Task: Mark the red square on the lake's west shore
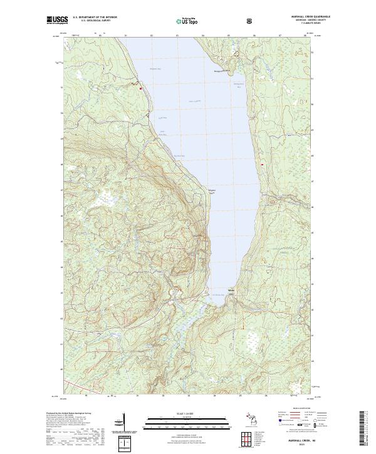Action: tap(141, 88)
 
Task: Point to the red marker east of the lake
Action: tap(261, 165)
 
